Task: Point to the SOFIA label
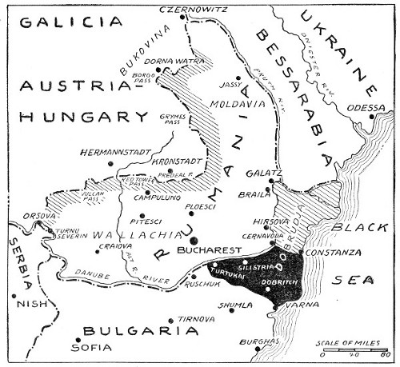[x=90, y=348]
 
